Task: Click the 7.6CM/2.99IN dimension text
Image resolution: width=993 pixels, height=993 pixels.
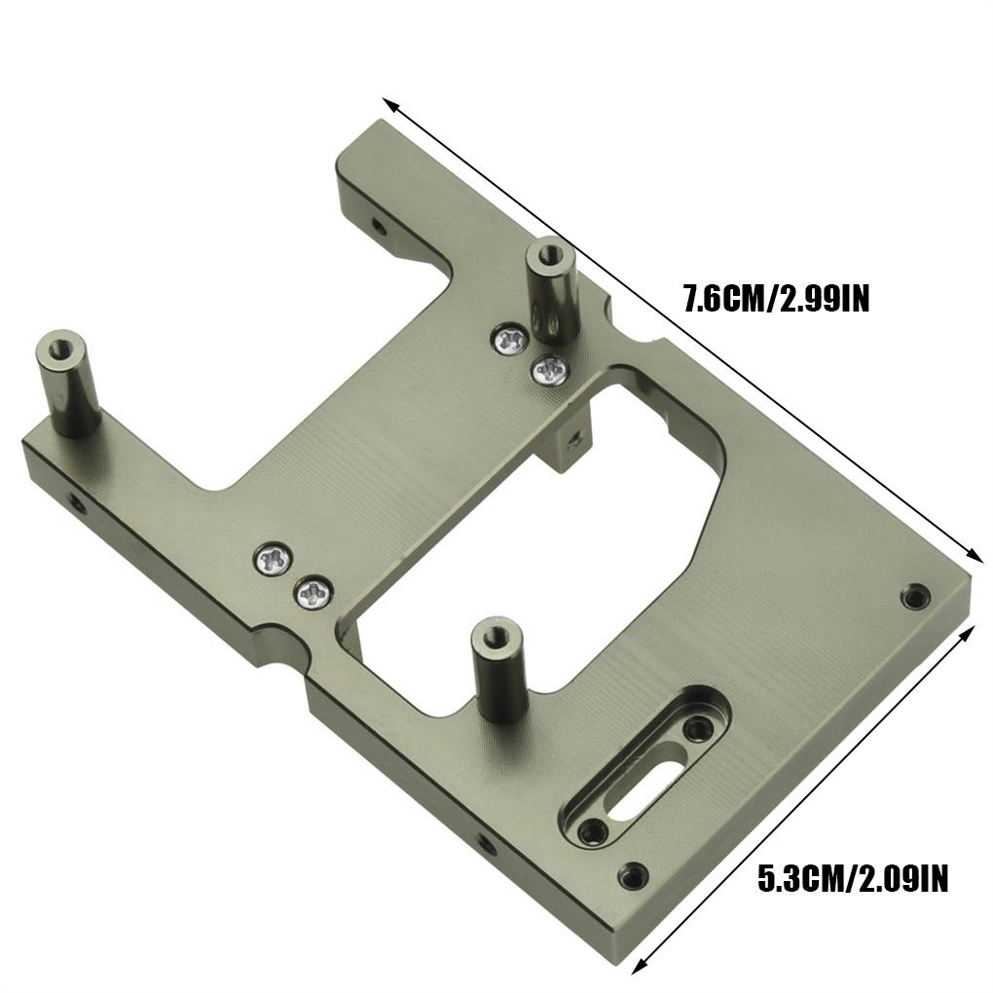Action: click(x=774, y=297)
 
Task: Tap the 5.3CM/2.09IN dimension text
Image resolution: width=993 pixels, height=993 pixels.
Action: click(x=852, y=881)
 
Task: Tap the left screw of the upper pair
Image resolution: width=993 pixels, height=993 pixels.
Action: click(x=509, y=339)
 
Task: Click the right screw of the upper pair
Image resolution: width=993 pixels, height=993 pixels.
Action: click(x=550, y=369)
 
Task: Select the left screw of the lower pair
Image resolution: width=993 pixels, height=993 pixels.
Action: click(x=273, y=560)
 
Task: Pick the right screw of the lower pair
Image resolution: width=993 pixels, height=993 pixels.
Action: click(x=313, y=591)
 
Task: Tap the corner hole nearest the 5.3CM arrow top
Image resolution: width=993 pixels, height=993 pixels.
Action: click(x=914, y=596)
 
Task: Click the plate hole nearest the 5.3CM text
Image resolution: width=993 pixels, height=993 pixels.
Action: click(x=633, y=876)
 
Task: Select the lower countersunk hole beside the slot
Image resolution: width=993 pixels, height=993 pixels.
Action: click(x=591, y=831)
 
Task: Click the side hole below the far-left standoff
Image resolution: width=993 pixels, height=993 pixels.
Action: click(x=73, y=503)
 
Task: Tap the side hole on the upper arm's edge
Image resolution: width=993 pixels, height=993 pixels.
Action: click(x=378, y=226)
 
